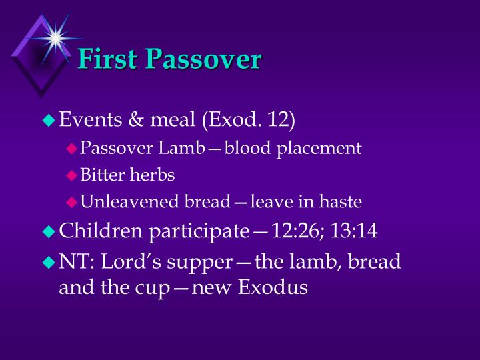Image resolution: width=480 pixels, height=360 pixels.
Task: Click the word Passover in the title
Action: pyautogui.click(x=203, y=59)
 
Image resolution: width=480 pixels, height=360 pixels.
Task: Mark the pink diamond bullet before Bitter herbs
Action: pyautogui.click(x=72, y=175)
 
